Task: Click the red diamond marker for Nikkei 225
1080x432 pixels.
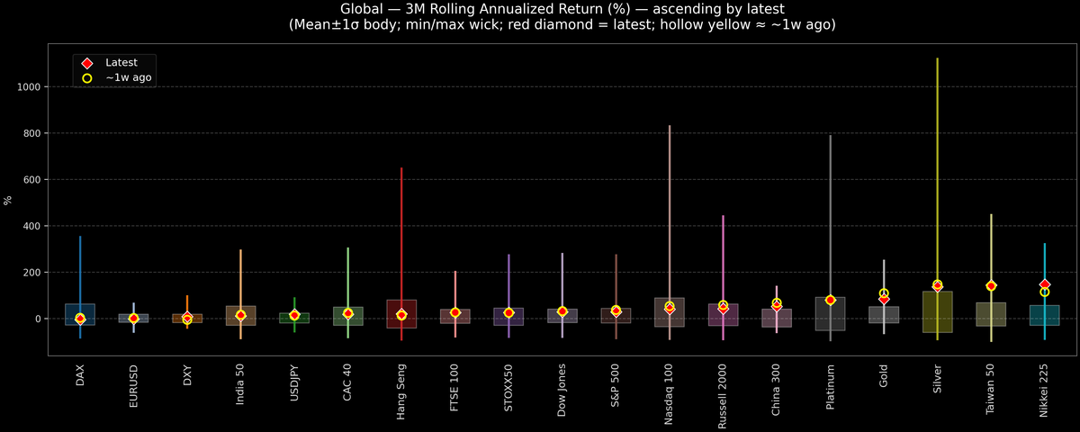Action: (1044, 284)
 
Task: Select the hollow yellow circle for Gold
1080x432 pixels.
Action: (884, 293)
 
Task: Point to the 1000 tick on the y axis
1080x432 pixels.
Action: (31, 86)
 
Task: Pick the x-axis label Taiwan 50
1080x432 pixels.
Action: (991, 389)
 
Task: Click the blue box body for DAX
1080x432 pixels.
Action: (80, 314)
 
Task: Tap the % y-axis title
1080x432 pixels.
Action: (8, 200)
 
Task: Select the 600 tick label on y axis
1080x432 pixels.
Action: (35, 179)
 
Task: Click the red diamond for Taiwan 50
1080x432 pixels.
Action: (991, 286)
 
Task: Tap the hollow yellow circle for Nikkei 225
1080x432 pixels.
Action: (1044, 292)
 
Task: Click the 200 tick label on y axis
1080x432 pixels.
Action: (35, 272)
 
